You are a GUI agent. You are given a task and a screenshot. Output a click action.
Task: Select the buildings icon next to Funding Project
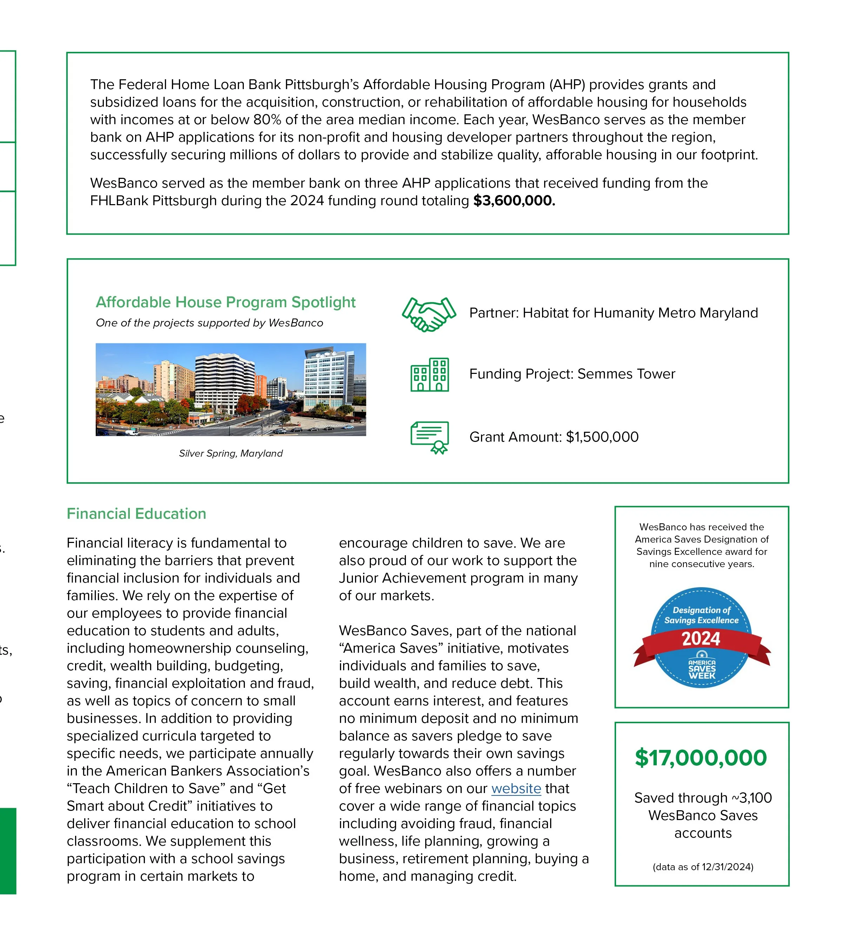pyautogui.click(x=429, y=375)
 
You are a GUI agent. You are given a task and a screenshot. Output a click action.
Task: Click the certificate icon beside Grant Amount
pyautogui.click(x=429, y=437)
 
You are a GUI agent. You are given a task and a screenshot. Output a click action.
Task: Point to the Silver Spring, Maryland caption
pyautogui.click(x=231, y=454)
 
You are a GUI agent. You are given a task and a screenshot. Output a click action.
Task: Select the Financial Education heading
pyautogui.click(x=136, y=514)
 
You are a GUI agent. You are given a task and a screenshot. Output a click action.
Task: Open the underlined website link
pyautogui.click(x=516, y=788)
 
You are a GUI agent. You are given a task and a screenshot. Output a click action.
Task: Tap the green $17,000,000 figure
pyautogui.click(x=701, y=758)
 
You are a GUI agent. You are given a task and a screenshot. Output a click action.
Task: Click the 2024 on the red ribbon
pyautogui.click(x=701, y=639)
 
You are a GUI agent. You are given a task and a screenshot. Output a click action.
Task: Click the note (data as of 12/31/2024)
pyautogui.click(x=702, y=867)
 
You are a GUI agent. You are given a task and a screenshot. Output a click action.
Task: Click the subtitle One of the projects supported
pyautogui.click(x=209, y=323)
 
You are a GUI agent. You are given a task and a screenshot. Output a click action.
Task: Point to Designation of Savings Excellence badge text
pyautogui.click(x=701, y=615)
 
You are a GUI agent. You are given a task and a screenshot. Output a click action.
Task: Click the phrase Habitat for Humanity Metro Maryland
pyautogui.click(x=640, y=313)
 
